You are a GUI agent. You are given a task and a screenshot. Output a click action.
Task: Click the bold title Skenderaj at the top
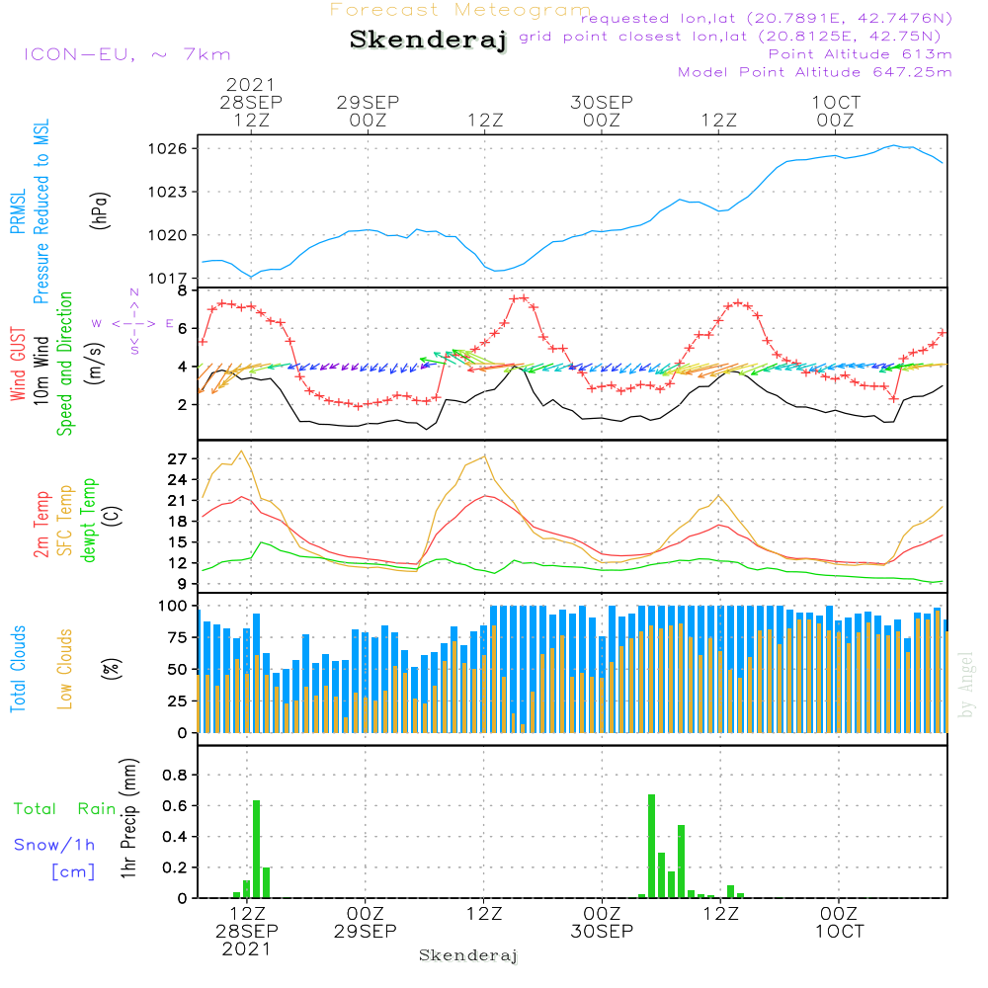pyautogui.click(x=428, y=41)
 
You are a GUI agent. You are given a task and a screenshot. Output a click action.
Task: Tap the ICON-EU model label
pyautogui.click(x=125, y=54)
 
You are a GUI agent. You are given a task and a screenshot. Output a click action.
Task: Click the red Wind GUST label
pyautogui.click(x=17, y=365)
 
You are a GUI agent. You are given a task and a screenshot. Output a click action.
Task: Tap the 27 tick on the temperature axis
pyautogui.click(x=178, y=459)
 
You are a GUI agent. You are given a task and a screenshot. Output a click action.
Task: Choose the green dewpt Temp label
pyautogui.click(x=89, y=521)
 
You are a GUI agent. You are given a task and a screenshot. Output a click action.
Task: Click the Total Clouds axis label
pyautogui.click(x=17, y=669)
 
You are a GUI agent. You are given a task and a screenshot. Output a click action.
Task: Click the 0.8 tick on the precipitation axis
pyautogui.click(x=174, y=776)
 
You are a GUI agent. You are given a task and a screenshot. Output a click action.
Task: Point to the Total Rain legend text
pyautogui.click(x=64, y=809)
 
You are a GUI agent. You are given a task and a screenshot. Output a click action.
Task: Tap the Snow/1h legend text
pyautogui.click(x=54, y=846)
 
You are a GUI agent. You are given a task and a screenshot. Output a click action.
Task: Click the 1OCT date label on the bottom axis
pyautogui.click(x=838, y=932)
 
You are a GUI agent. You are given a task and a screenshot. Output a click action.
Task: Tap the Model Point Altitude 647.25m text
pyautogui.click(x=815, y=72)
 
